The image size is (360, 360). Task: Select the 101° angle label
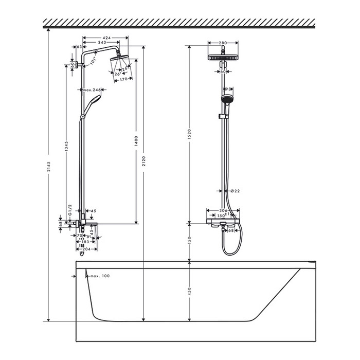[94, 62]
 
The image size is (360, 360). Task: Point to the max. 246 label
[92, 89]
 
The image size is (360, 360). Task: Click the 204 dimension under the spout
[86, 249]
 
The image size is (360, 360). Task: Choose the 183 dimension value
[85, 242]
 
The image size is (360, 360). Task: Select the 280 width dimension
[223, 43]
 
